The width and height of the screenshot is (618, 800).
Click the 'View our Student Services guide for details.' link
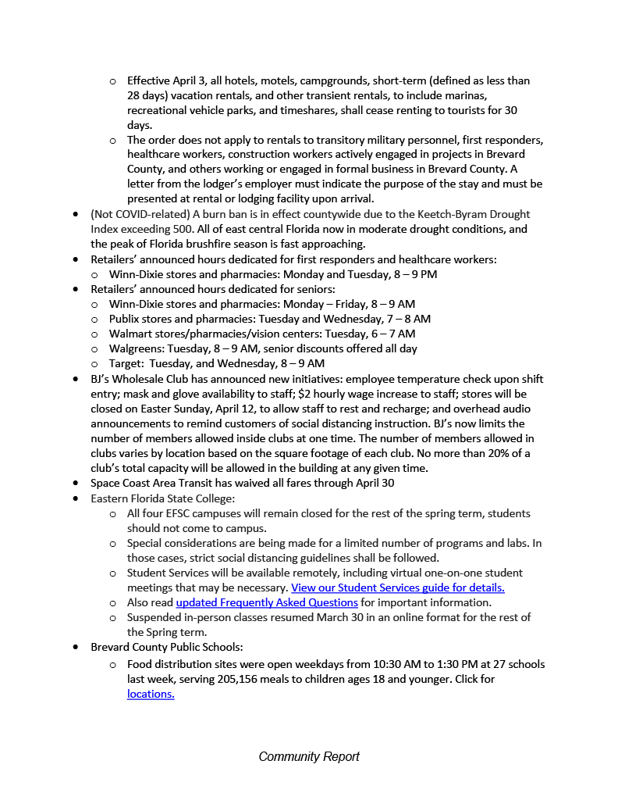[x=398, y=587]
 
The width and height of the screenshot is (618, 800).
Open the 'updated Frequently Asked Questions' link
[x=267, y=602]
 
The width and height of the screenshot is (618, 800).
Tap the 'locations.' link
[x=151, y=694]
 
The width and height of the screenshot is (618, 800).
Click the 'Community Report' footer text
[x=309, y=756]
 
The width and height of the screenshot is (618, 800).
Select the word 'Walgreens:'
[x=136, y=348]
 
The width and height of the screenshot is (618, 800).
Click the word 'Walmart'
[x=130, y=334]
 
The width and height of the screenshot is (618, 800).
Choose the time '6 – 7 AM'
[x=393, y=334]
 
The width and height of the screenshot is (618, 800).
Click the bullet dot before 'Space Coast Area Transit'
[x=75, y=484]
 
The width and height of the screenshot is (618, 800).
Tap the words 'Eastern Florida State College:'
[x=162, y=498]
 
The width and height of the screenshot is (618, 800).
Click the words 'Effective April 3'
[x=168, y=80]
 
